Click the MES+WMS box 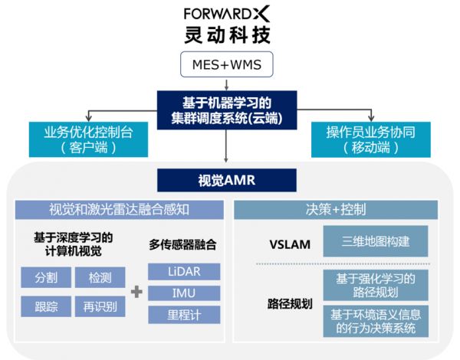click(228, 66)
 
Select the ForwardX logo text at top click(228, 14)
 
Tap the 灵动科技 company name click(228, 35)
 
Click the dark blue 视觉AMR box click(228, 180)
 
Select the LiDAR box click(183, 272)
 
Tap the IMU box click(183, 293)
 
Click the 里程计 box click(183, 315)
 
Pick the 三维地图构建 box click(375, 241)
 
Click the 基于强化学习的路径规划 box click(375, 284)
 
